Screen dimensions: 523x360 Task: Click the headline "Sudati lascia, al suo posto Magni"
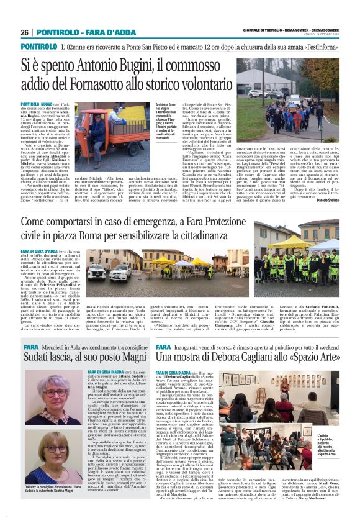click(x=86, y=358)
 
